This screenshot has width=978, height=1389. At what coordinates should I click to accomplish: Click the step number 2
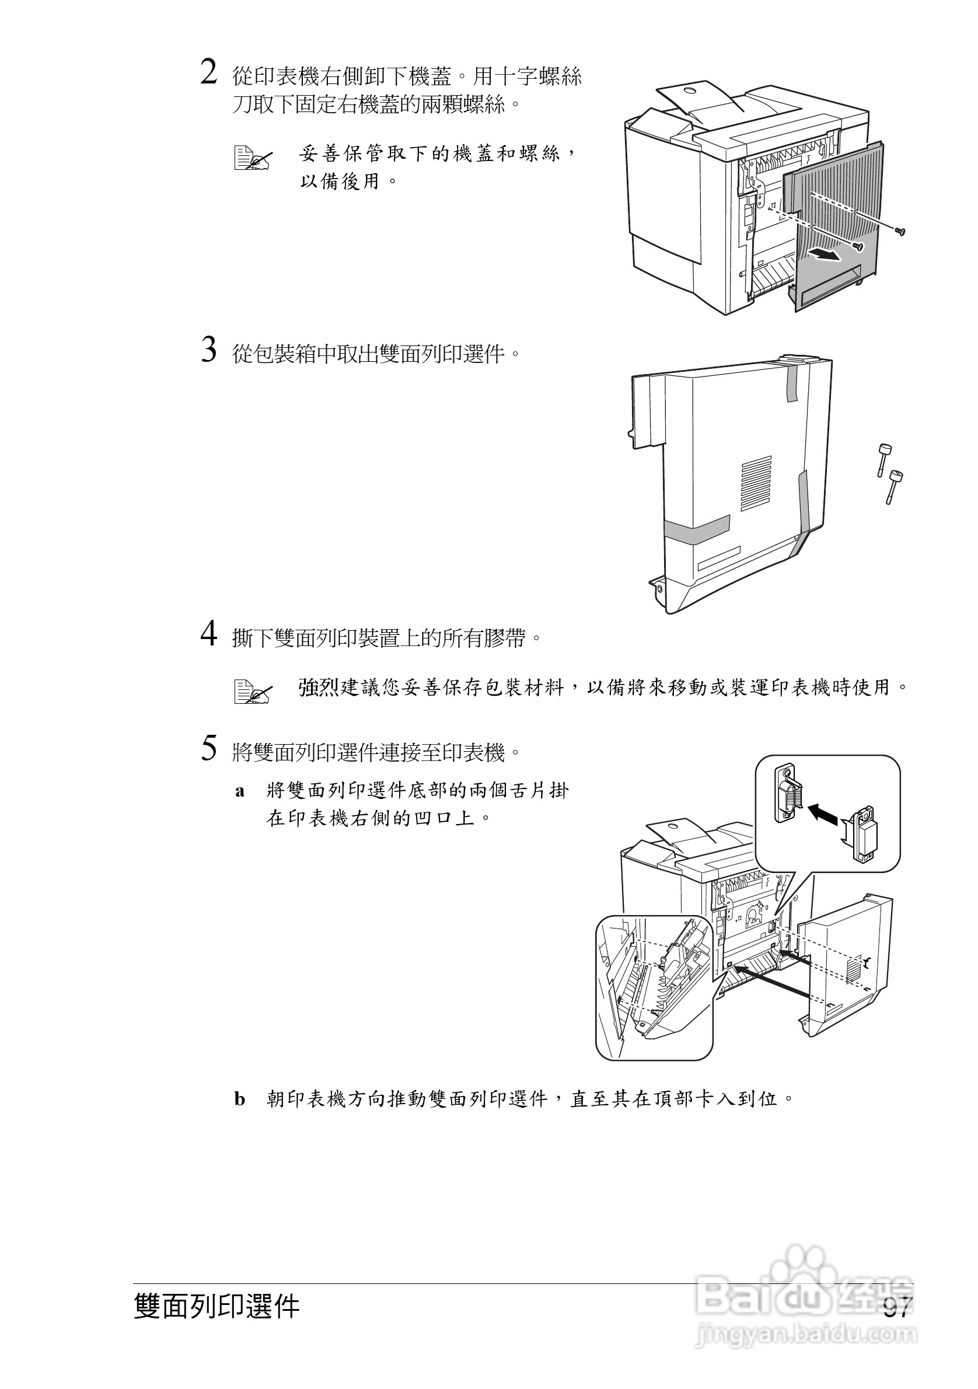point(209,73)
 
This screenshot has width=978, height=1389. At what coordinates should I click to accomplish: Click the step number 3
point(209,350)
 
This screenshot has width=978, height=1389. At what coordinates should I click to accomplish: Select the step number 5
point(209,749)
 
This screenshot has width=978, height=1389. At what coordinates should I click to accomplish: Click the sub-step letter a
point(240,792)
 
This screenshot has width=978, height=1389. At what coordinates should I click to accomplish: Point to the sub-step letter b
point(240,1099)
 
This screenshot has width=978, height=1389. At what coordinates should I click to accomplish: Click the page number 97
point(896,1308)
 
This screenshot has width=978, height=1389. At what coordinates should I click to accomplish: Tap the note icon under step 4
point(253,692)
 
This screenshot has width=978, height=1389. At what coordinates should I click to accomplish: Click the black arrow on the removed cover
point(825,254)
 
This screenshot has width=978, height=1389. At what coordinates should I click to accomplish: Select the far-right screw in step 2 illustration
point(900,230)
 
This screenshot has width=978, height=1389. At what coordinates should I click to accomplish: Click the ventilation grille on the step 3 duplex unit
point(757,481)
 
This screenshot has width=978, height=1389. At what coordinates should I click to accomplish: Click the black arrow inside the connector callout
point(823,812)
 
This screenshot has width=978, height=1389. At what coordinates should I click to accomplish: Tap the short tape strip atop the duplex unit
point(791,383)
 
